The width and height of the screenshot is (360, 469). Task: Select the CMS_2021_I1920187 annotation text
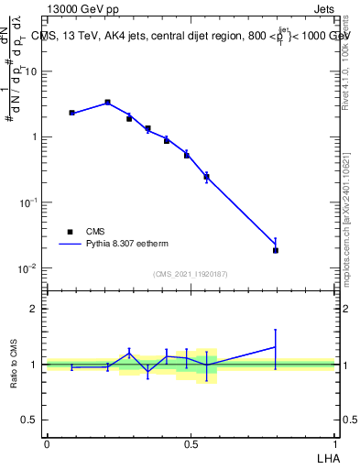190,274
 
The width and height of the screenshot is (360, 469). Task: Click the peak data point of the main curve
107,103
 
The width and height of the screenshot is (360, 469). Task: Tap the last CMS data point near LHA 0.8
276,250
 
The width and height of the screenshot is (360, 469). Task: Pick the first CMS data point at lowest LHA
71,113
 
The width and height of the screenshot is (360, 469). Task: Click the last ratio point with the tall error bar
276,346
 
